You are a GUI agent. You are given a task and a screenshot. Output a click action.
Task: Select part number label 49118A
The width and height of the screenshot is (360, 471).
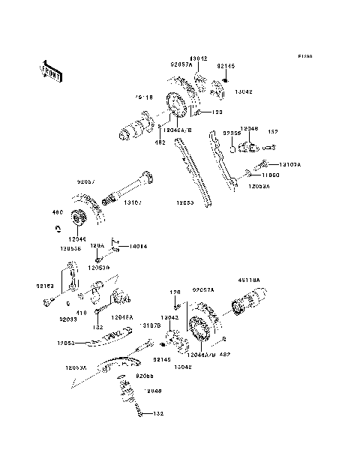tap(247, 280)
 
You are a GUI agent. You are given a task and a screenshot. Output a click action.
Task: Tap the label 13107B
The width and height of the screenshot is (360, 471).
tap(149, 325)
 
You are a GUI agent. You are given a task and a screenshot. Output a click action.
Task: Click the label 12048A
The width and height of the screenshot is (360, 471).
tap(122, 317)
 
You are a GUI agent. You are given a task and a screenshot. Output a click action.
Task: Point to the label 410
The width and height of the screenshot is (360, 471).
tap(80, 312)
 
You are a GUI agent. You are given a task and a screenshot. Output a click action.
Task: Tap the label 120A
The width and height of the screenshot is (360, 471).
tap(97, 245)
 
